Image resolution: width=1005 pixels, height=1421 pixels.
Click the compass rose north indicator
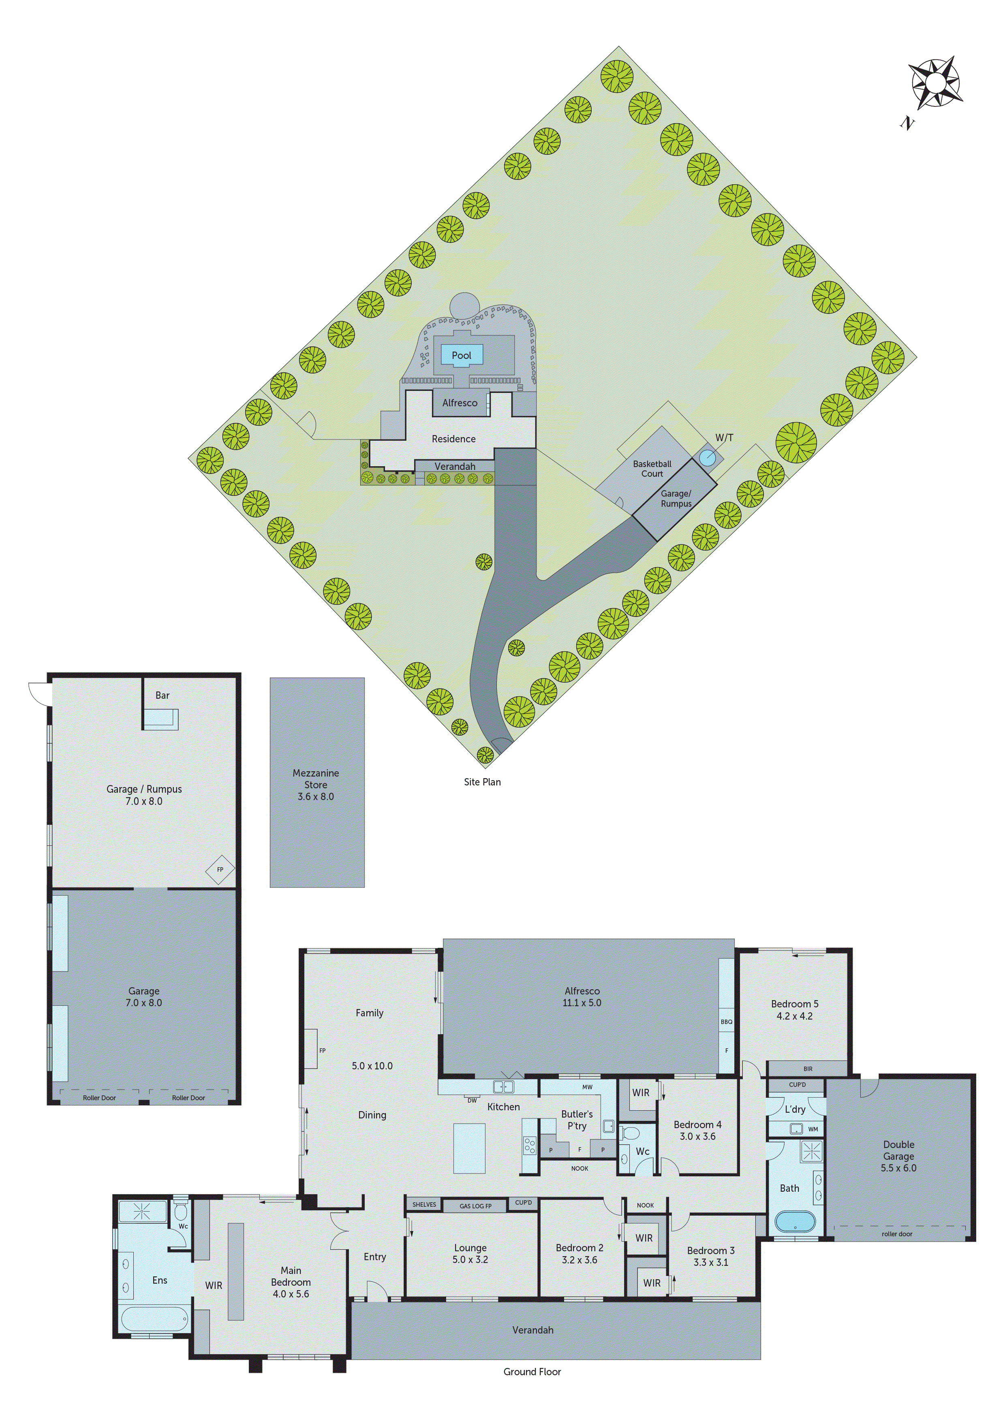coord(935,83)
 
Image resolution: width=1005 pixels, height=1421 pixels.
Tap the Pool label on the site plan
coord(461,355)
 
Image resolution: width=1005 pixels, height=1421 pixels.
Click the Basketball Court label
coord(652,469)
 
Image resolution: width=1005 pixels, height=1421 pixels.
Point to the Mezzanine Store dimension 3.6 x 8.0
coord(315,796)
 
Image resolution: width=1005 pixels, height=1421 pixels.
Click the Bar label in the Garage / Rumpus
coord(162,695)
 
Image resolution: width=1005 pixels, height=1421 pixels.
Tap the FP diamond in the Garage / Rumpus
coord(220,870)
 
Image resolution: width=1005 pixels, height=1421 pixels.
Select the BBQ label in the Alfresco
coord(726,1022)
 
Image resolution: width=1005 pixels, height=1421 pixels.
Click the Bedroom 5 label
coord(794,1004)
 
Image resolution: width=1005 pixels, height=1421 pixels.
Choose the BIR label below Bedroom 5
coord(808,1069)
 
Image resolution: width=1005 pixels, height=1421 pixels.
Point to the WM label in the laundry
coord(813,1129)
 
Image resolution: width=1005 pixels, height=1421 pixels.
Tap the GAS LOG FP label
coord(476,1206)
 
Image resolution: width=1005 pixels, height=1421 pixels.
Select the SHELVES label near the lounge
coord(424,1204)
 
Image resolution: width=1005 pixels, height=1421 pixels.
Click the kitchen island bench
coord(469,1148)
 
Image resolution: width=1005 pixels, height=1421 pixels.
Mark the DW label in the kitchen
coord(472,1101)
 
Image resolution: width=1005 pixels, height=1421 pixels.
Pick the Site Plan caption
coord(482,782)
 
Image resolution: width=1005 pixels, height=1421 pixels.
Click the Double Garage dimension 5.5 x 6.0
coord(898,1168)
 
